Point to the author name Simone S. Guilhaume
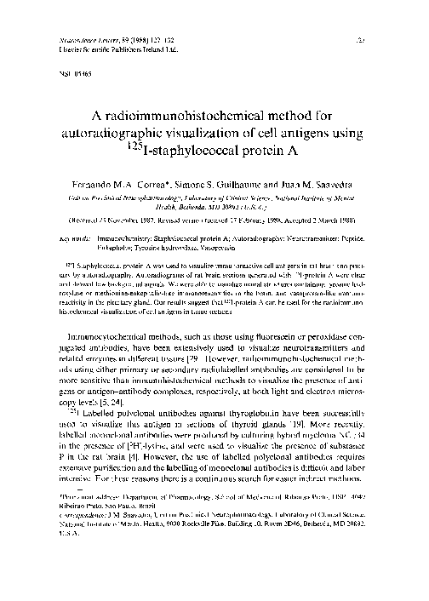tap(232, 184)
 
